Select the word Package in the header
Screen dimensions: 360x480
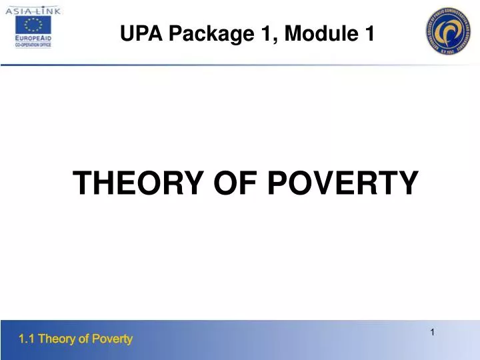pos(207,33)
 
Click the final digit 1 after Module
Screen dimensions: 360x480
pos(369,33)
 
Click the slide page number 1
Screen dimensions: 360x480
pos(433,332)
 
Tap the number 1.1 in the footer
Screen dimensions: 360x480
pos(27,339)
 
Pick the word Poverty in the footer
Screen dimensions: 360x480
pos(111,339)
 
